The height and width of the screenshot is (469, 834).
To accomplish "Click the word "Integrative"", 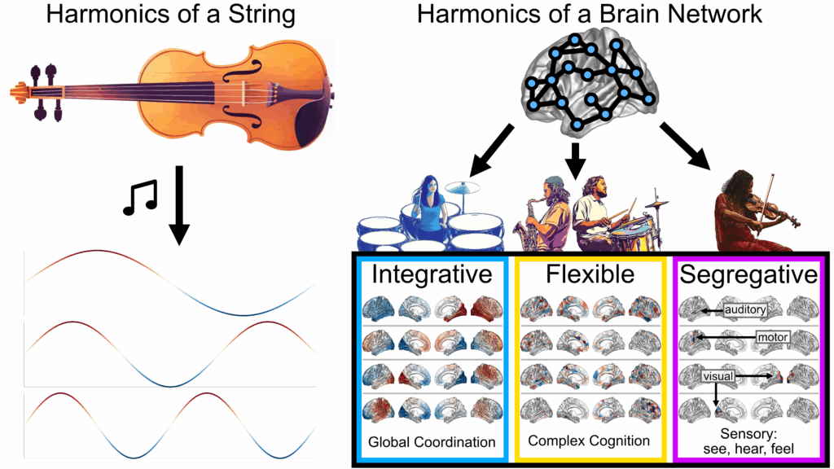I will point(432,274).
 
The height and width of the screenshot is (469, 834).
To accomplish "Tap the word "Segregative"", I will point(748,274).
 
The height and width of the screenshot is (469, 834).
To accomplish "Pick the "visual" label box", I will point(722,377).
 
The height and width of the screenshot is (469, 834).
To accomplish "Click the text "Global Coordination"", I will point(432,442).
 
